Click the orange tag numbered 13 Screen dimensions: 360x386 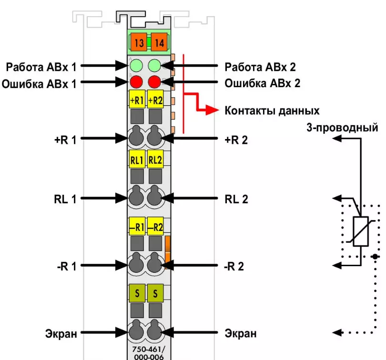(139, 43)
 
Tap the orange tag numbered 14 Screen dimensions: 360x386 (159, 43)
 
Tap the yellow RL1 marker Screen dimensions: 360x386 (137, 160)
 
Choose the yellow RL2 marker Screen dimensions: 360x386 (155, 160)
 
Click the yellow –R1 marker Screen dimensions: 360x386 (137, 227)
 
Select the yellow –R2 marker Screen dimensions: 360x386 (155, 227)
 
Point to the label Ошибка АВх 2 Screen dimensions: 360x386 (263, 83)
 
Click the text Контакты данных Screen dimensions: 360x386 (272, 111)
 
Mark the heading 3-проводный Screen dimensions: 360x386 (343, 128)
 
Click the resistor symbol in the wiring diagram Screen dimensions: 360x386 (360, 231)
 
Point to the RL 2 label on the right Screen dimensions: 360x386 (236, 199)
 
